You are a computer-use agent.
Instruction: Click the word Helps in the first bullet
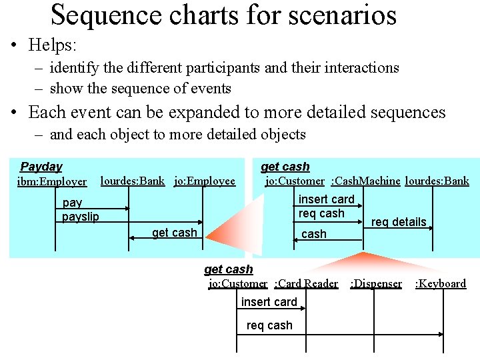[53, 45]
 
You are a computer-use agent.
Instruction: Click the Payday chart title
[41, 167]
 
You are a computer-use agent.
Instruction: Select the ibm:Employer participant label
[52, 181]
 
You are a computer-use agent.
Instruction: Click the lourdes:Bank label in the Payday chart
[132, 181]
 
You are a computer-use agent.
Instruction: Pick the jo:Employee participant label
[205, 181]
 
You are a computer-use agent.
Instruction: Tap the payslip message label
[80, 217]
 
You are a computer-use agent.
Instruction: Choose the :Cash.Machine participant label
[365, 181]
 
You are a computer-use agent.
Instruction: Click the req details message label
[399, 222]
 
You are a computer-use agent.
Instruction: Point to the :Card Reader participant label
[306, 283]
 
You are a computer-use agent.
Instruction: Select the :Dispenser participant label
[376, 283]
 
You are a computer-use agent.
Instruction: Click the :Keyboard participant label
[441, 283]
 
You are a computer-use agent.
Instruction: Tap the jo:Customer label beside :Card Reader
[238, 283]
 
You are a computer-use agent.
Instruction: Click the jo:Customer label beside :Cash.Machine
[295, 181]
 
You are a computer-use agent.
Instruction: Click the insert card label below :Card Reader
[269, 302]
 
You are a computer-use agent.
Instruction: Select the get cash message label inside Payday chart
[175, 233]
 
